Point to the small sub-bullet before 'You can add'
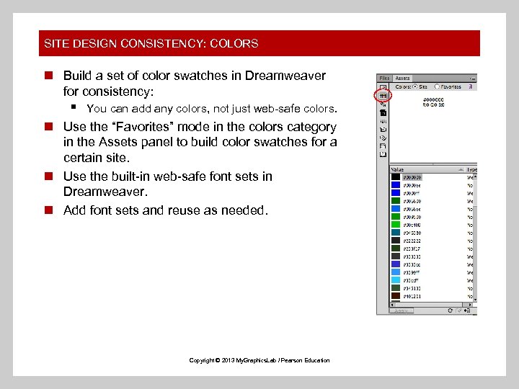tap(74, 108)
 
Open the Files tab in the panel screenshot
tap(384, 79)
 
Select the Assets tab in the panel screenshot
tap(402, 79)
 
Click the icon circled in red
tap(383, 95)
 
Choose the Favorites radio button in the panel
tap(437, 86)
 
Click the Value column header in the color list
tap(399, 169)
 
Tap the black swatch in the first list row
tap(395, 177)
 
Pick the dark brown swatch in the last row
tap(395, 296)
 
